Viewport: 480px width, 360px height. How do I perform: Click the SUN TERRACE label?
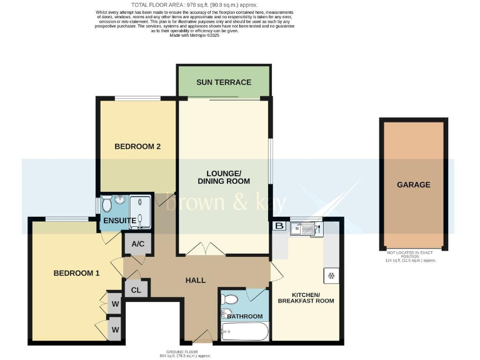tap(223, 82)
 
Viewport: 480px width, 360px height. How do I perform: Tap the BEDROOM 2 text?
tap(137, 147)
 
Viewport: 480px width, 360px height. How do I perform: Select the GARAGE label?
tap(413, 184)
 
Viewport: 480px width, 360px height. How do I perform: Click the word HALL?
tap(196, 281)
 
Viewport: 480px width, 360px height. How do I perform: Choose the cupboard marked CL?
tap(135, 289)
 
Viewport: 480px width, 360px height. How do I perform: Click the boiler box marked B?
tap(279, 226)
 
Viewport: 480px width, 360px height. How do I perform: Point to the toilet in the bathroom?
tap(229, 300)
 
